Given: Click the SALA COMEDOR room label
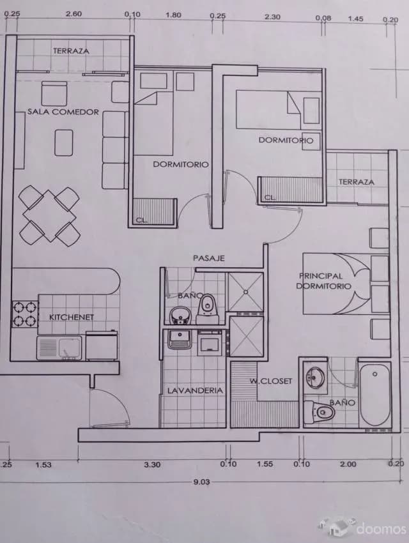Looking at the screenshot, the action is [x=63, y=112].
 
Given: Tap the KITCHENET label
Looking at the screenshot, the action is [x=72, y=317].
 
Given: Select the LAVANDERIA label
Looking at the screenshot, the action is [x=195, y=390].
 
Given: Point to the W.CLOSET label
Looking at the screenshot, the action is [x=271, y=381].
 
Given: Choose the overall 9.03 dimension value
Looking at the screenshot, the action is [x=201, y=482].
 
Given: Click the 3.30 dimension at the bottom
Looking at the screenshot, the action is [x=152, y=464].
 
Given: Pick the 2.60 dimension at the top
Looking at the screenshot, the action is [x=73, y=14].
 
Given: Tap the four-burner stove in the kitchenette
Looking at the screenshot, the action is [x=24, y=314].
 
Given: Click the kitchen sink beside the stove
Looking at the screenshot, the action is [x=59, y=348].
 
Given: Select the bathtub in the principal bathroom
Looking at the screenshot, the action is [x=374, y=395].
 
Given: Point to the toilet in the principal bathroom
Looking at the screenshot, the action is [x=320, y=412].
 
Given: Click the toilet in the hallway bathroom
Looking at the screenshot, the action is [x=208, y=309].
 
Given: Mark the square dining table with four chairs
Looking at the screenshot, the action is [x=49, y=215].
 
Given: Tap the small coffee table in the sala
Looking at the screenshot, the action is [x=64, y=142].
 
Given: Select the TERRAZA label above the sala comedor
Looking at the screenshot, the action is [x=71, y=51].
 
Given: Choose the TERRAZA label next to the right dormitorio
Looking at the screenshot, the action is [x=357, y=182].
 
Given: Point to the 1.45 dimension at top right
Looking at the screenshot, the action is [x=355, y=19].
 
